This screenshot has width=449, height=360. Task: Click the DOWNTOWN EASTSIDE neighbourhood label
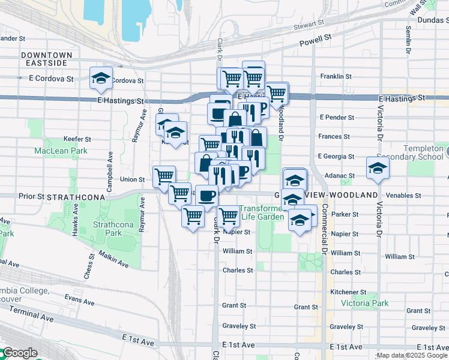(x=46, y=59)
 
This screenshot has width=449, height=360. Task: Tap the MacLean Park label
(x=61, y=151)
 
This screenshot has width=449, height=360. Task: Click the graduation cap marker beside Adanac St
(x=378, y=168)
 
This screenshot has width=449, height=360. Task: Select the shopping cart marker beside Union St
(x=164, y=176)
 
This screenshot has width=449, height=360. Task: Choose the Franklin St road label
(x=336, y=76)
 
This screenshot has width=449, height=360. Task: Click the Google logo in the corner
(x=19, y=353)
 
